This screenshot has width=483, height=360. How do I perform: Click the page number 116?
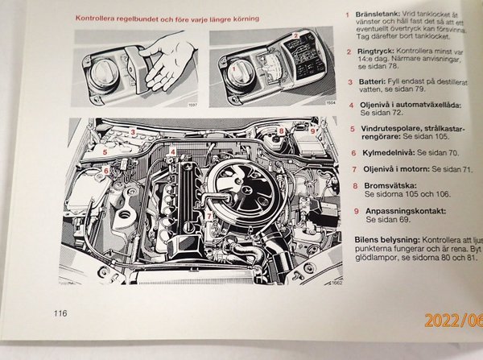click(61, 313)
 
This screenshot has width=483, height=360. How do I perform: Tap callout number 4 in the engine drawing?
click(174, 151)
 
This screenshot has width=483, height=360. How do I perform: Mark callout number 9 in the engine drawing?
click(313, 130)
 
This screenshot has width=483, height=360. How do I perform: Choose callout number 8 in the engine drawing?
click(281, 130)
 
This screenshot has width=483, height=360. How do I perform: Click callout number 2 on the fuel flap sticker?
click(296, 35)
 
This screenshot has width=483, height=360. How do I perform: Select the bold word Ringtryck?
click(382, 49)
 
